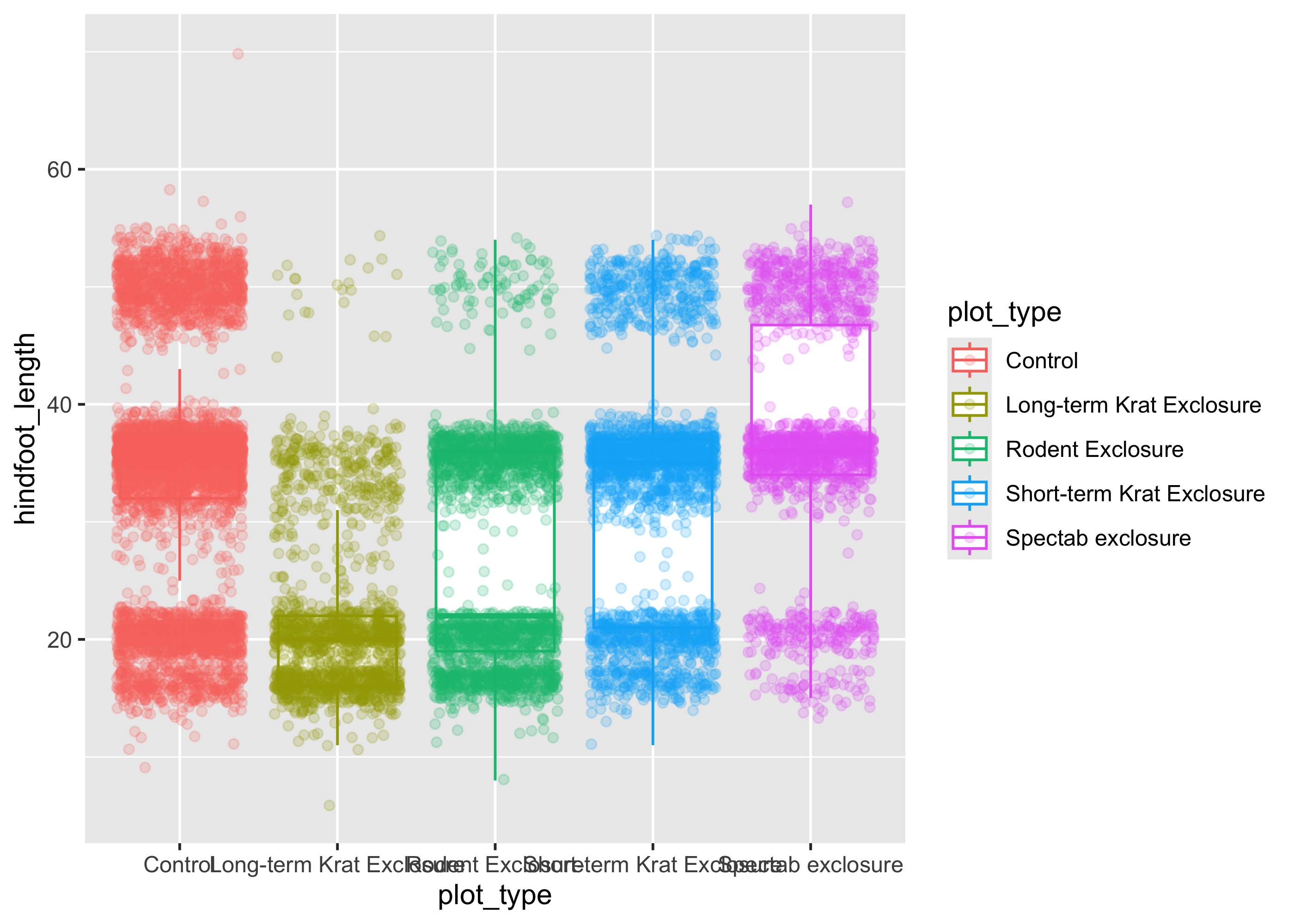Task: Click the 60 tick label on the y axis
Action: tap(59, 170)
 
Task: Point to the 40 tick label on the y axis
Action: tap(59, 405)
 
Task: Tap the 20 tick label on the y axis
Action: tap(59, 640)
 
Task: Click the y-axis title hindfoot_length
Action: tap(25, 428)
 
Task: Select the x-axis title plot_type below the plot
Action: tap(494, 895)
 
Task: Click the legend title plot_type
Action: tap(1004, 312)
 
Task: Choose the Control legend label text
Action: tap(1041, 361)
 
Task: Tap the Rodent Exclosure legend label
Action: tap(1094, 450)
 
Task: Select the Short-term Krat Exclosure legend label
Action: tap(1135, 494)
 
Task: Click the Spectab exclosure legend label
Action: tap(1098, 538)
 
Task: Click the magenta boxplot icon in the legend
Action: tap(969, 538)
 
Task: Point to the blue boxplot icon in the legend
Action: tap(969, 493)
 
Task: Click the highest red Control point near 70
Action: tap(238, 54)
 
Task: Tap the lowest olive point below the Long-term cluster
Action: tap(329, 805)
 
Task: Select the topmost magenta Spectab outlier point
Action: tap(847, 202)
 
